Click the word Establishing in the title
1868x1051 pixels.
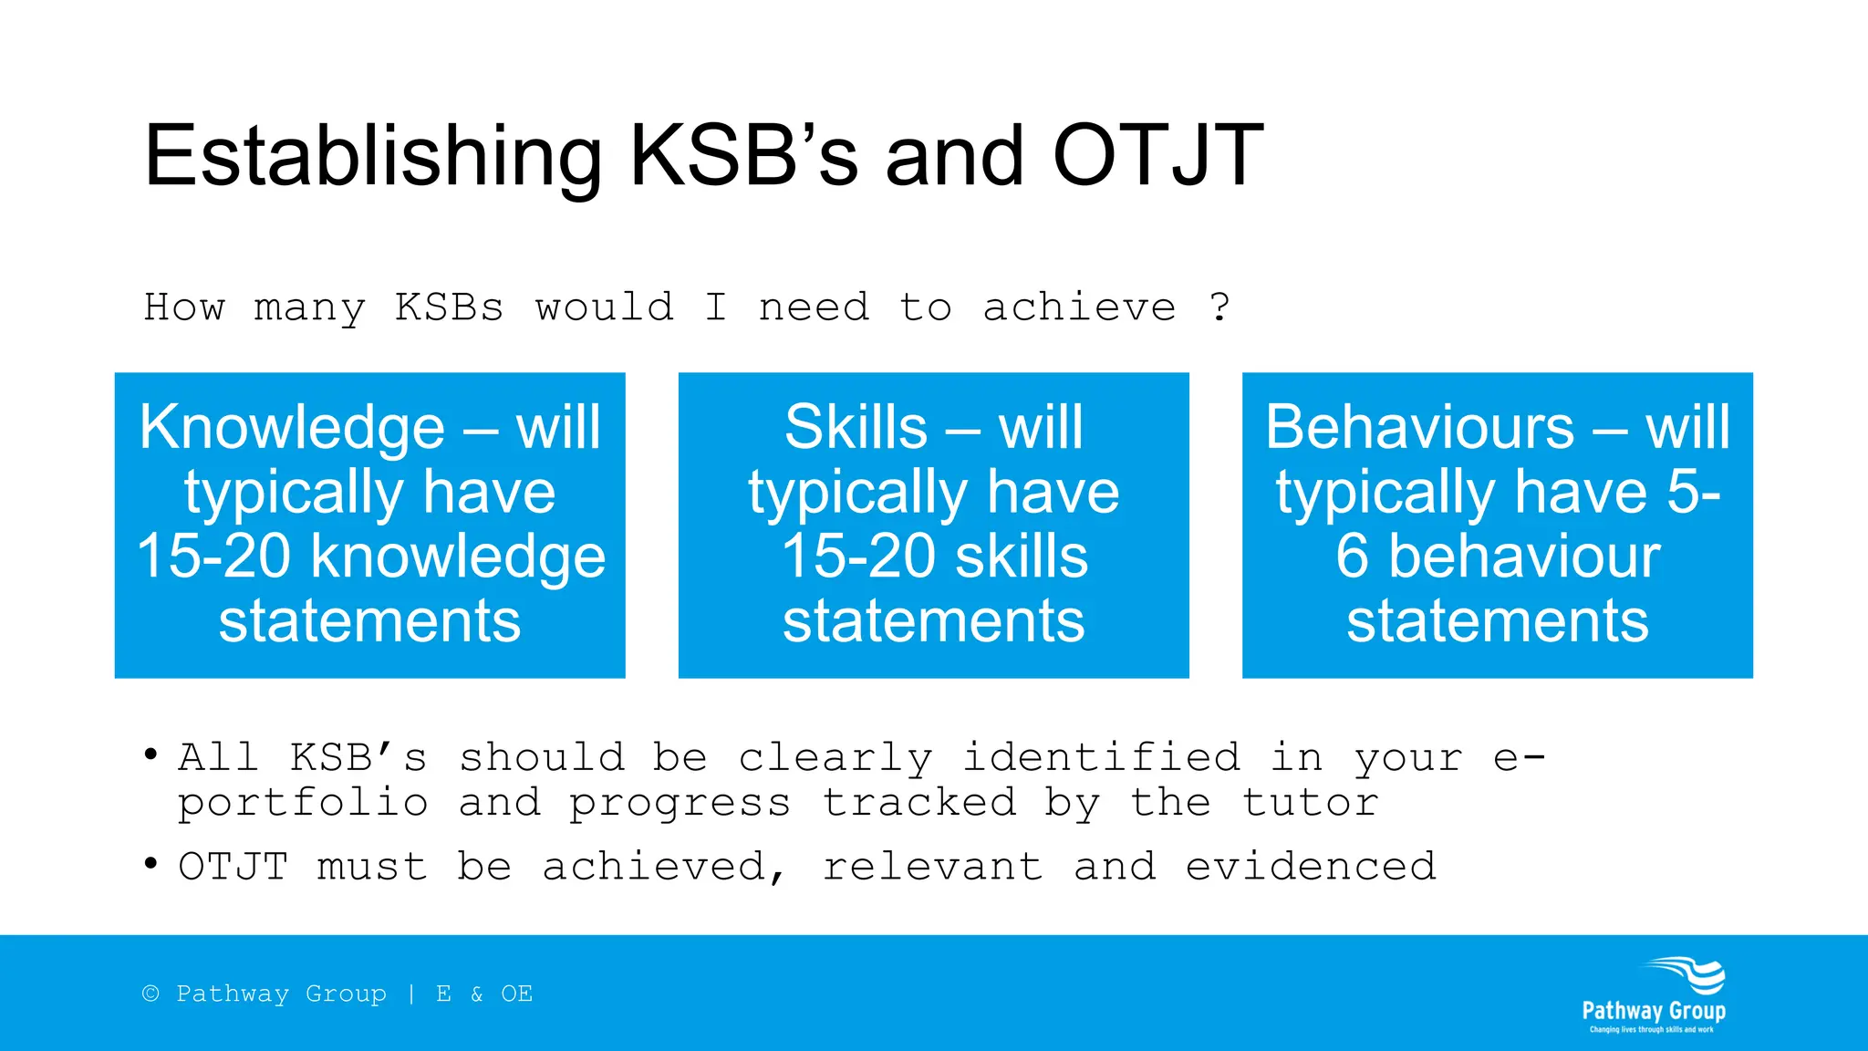pos(372,157)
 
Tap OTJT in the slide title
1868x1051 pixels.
pos(1157,157)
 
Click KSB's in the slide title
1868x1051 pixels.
pos(743,157)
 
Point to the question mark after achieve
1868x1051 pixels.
pos(1219,307)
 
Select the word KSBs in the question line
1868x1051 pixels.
pos(449,307)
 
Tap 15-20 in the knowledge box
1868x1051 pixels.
pos(215,557)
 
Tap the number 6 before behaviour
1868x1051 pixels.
pos(1353,557)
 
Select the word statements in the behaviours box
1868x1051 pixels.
pos(1498,622)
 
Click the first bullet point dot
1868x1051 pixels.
pos(151,754)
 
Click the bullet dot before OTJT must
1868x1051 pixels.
pos(151,863)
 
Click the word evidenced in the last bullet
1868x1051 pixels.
pos(1311,866)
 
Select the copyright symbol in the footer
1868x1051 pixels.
pos(150,994)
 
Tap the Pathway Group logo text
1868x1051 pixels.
pos(1654,1011)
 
